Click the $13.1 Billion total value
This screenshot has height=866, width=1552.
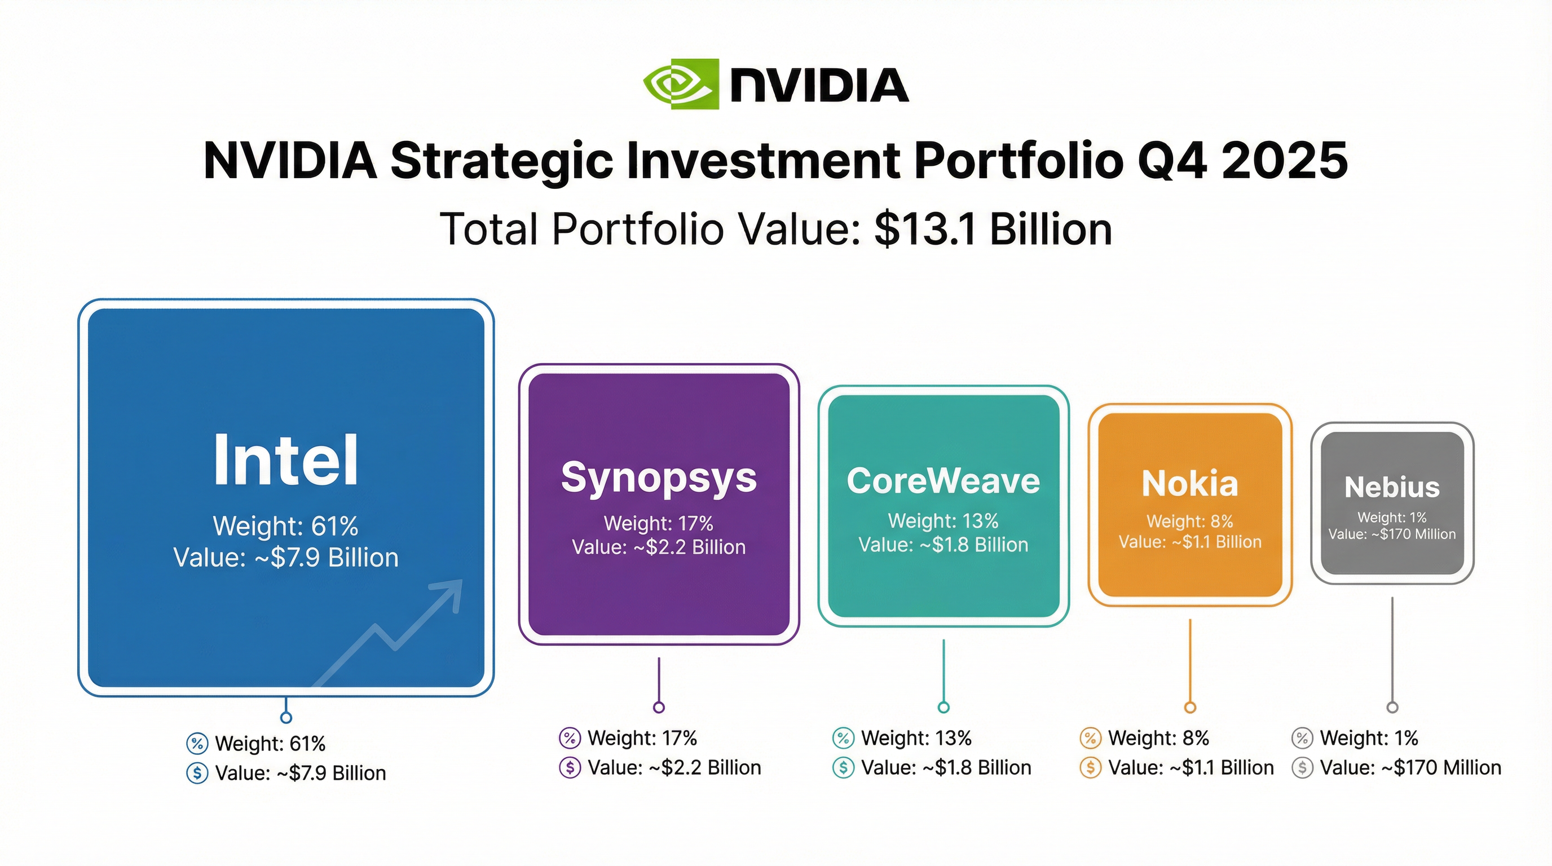tap(993, 229)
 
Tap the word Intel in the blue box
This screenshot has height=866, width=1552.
tap(285, 461)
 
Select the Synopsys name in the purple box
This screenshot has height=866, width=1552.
tap(659, 478)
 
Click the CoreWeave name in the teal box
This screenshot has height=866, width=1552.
tap(943, 481)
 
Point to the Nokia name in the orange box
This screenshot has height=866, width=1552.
tap(1189, 484)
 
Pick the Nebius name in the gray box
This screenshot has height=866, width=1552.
tap(1392, 487)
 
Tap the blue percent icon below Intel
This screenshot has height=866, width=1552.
tap(197, 743)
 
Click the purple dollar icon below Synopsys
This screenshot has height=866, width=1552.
tap(570, 767)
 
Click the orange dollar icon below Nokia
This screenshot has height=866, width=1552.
tap(1090, 767)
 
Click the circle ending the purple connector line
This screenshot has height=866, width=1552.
tap(659, 707)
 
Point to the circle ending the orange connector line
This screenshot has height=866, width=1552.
tap(1190, 707)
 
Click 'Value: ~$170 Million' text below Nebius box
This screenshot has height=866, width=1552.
tap(1410, 767)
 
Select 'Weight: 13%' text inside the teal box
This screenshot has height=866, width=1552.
tap(943, 520)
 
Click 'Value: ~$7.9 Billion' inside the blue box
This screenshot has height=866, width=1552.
tap(285, 558)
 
